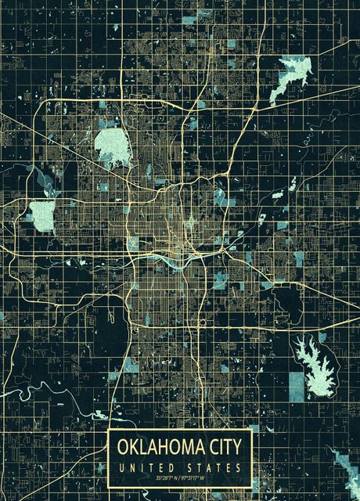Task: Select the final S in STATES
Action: point(239,467)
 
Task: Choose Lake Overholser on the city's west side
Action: point(42,212)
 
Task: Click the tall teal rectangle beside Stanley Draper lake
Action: point(296,386)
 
